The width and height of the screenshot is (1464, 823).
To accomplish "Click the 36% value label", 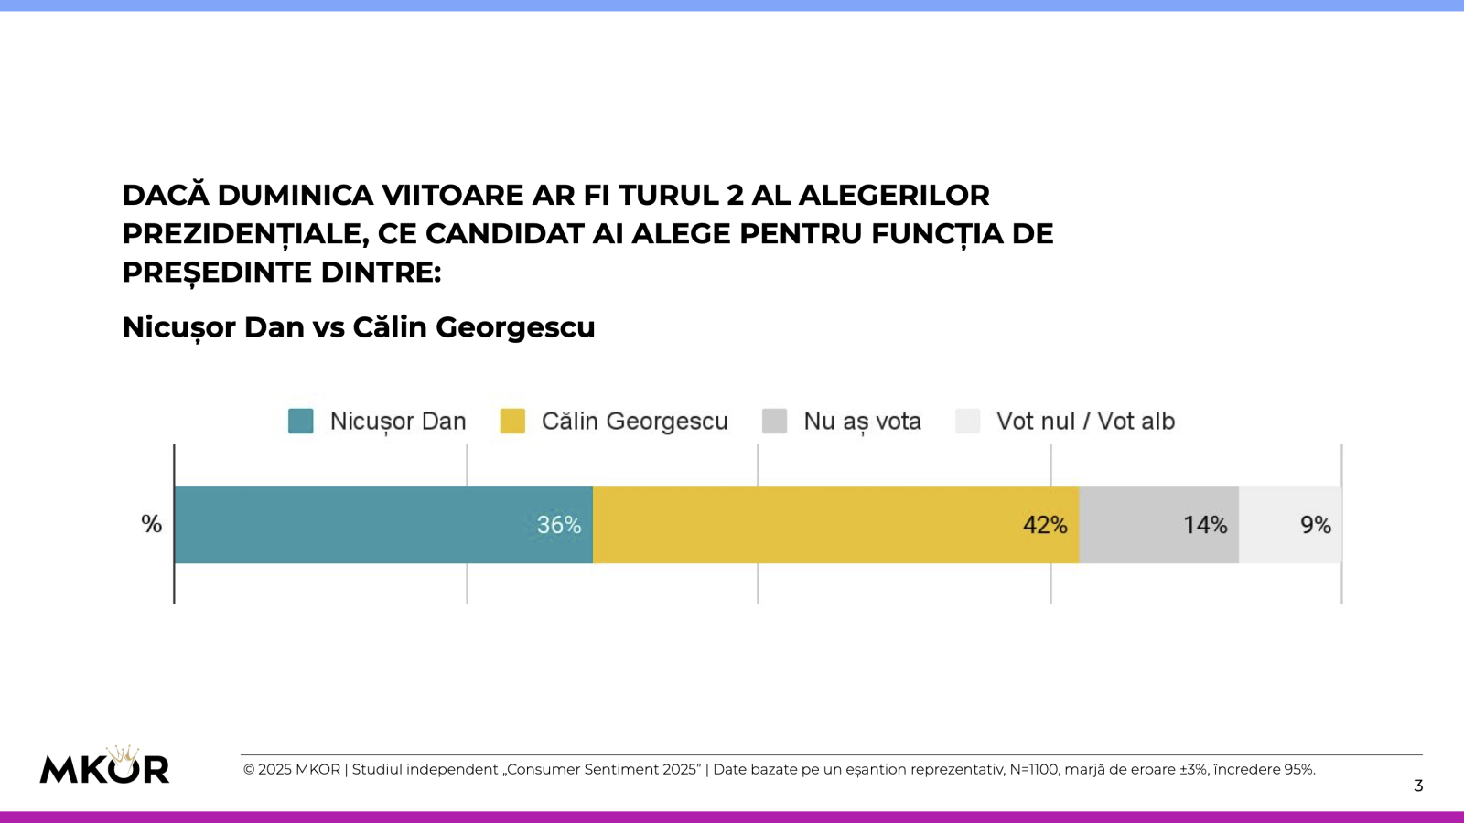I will click(x=558, y=525).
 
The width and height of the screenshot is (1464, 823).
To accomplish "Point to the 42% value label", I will click(x=1045, y=525).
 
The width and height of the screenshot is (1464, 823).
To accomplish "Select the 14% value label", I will click(x=1205, y=525).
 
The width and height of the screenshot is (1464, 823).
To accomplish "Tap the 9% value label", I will click(x=1316, y=525).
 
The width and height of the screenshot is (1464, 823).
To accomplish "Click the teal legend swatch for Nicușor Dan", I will click(x=301, y=421).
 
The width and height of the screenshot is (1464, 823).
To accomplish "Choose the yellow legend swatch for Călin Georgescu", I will click(x=512, y=421).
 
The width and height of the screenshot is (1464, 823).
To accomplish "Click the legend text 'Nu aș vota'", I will click(x=862, y=422).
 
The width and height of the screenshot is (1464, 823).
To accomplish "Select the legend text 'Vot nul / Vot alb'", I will click(x=1085, y=421).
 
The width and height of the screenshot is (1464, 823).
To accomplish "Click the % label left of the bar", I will click(x=151, y=524).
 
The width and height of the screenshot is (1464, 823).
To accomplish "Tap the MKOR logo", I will click(x=104, y=769).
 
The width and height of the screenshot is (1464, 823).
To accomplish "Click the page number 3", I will click(x=1418, y=786).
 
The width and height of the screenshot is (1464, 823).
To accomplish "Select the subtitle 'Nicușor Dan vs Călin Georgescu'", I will click(x=359, y=327).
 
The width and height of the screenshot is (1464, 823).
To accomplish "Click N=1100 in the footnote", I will click(x=1033, y=770).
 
